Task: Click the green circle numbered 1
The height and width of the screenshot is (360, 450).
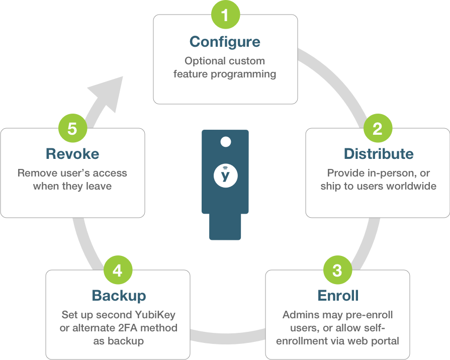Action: tap(225, 15)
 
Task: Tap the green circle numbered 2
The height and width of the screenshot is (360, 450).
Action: tap(378, 129)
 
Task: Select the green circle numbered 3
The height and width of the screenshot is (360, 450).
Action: tap(337, 271)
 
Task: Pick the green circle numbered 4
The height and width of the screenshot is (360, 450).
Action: tap(117, 271)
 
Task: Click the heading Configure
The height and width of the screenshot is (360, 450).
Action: tap(225, 41)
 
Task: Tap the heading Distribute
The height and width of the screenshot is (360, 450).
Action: tap(379, 154)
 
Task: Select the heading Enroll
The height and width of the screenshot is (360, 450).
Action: tap(337, 296)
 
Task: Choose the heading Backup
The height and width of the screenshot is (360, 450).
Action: tap(119, 296)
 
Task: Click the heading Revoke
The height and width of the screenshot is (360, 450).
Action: tap(72, 153)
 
